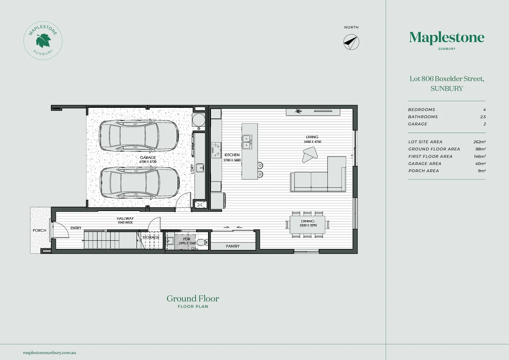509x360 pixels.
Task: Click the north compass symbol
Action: pos(351,42)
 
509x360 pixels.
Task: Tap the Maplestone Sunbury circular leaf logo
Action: pos(43,41)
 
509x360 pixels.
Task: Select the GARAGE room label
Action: pos(148,158)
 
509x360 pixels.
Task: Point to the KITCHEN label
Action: pos(232,155)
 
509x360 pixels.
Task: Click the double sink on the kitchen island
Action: pos(247,142)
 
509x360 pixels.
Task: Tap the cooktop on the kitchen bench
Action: pos(216,150)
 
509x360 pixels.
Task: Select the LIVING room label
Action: pos(312,137)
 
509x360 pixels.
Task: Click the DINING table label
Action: pos(308,221)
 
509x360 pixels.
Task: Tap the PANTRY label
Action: pos(233,246)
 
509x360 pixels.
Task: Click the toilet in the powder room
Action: pos(201,242)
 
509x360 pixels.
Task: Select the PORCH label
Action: pos(39,230)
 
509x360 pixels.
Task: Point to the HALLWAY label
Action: pos(125,219)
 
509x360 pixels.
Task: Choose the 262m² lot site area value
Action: pos(479,142)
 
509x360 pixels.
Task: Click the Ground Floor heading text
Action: pos(193,298)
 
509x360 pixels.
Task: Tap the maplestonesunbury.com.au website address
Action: pos(50,352)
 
